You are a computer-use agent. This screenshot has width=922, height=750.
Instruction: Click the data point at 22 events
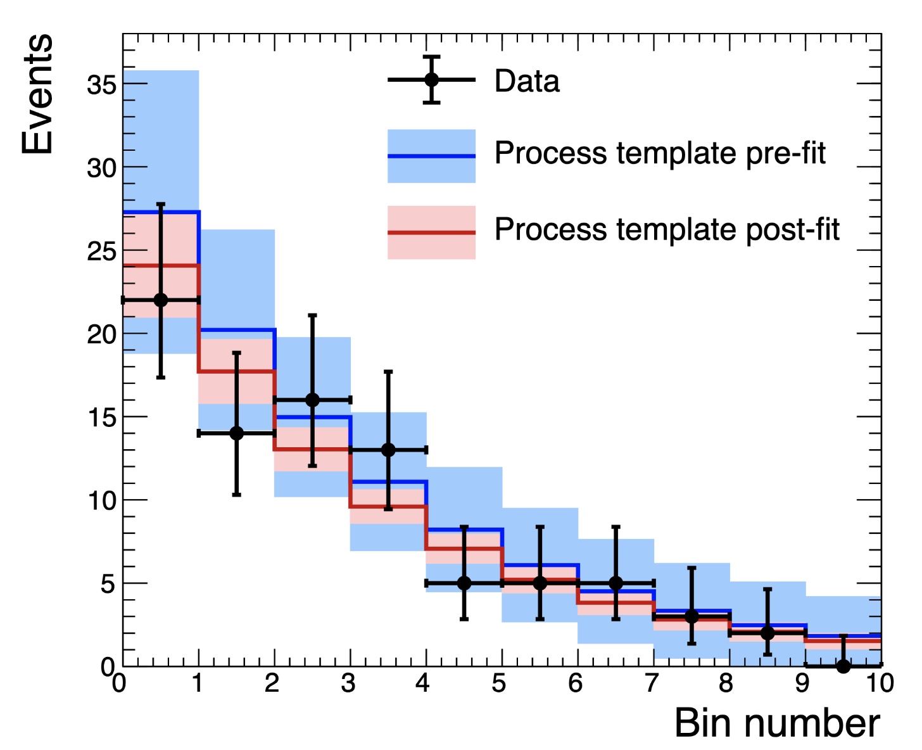point(161,300)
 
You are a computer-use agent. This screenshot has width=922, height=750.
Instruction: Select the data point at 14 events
point(236,433)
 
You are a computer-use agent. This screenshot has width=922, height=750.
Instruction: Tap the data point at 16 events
point(312,400)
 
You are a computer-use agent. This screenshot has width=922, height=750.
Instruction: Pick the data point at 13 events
point(388,450)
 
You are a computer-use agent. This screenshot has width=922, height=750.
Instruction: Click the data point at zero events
point(843,666)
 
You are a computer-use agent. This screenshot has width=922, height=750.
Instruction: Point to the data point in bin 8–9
point(767,633)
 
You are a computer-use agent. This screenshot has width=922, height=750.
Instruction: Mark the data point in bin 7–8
point(691,616)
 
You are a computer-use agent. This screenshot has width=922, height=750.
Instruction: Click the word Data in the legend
point(527,81)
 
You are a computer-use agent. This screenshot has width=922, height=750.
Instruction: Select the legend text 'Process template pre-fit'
point(660,153)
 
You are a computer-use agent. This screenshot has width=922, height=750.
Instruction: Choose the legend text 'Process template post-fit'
point(667,229)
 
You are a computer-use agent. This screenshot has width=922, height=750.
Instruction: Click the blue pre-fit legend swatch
point(431,156)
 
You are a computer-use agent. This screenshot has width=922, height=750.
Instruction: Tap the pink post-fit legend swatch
point(431,232)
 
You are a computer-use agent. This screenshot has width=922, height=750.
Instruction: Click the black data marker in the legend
point(431,80)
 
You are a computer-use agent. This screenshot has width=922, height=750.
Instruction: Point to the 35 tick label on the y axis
point(101,84)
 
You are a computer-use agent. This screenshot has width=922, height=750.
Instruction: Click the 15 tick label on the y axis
point(101,417)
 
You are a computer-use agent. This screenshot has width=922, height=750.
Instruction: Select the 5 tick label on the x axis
point(500,683)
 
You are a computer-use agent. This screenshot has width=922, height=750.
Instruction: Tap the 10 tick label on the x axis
point(880,683)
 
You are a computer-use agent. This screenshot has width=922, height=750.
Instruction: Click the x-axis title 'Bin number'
point(777,723)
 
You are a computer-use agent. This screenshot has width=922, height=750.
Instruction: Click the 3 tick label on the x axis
point(348,683)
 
